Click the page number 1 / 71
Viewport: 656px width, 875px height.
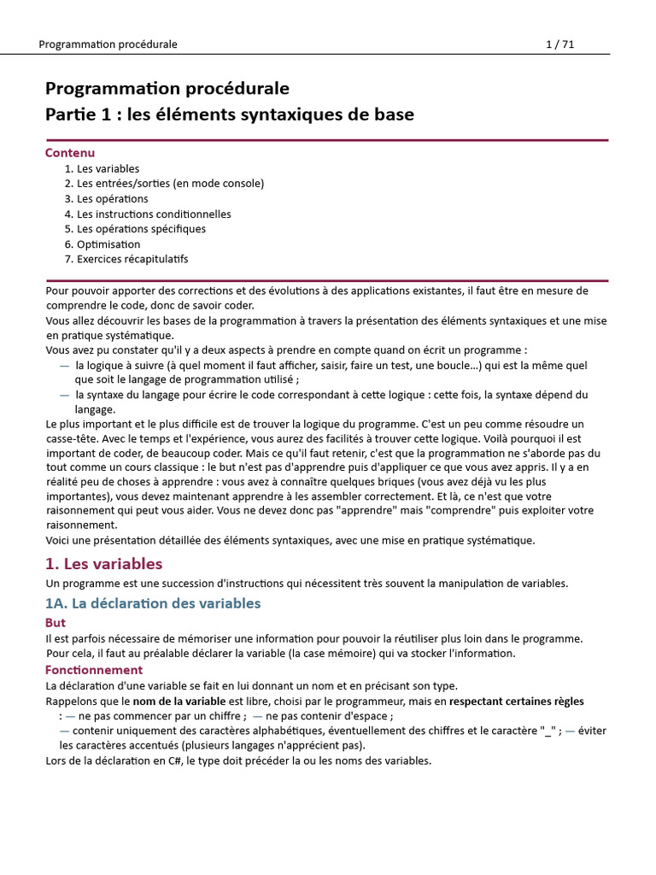coord(559,44)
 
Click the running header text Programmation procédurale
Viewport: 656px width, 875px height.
coord(108,44)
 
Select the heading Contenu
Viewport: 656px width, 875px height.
coord(70,153)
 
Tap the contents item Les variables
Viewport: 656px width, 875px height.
coord(108,169)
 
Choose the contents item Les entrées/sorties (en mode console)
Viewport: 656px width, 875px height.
coord(170,184)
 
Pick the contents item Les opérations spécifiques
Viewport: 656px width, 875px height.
coord(141,229)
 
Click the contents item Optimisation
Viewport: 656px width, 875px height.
coord(108,244)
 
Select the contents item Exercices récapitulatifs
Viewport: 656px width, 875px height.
coord(132,259)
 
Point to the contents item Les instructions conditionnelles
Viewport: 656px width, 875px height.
coord(154,214)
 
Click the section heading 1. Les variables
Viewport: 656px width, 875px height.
coord(103,564)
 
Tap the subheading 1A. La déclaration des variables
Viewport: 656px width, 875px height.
coord(153,603)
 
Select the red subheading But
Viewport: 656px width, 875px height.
coord(56,623)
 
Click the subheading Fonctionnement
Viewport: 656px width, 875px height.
coord(94,670)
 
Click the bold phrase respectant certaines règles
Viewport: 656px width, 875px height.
coord(517,702)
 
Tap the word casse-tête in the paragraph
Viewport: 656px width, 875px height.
coord(72,438)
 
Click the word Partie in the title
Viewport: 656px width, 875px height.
coord(68,115)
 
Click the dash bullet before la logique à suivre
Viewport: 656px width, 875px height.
coord(65,365)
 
